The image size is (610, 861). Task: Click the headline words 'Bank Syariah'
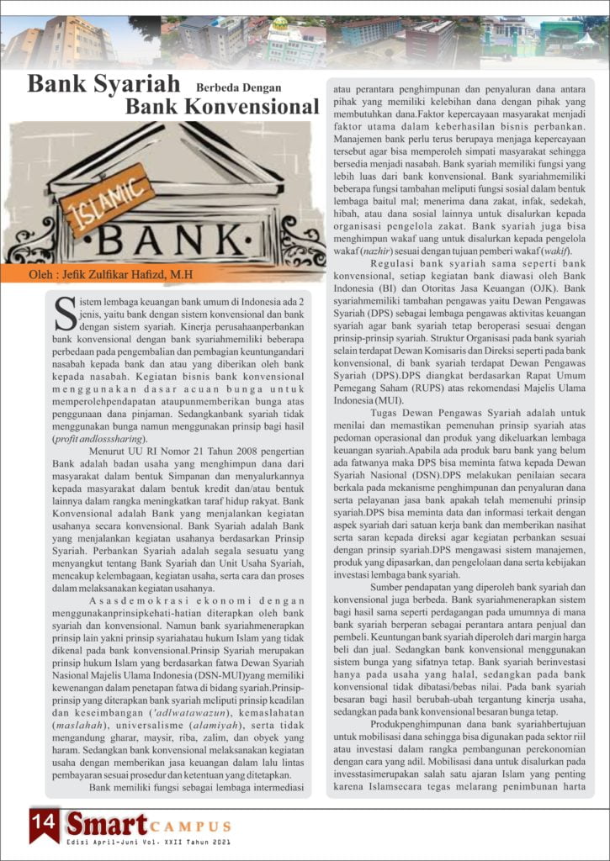(103, 84)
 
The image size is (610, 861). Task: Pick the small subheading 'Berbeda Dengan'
(238, 87)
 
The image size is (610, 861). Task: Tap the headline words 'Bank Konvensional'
(222, 107)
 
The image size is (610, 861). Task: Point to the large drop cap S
(64, 312)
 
